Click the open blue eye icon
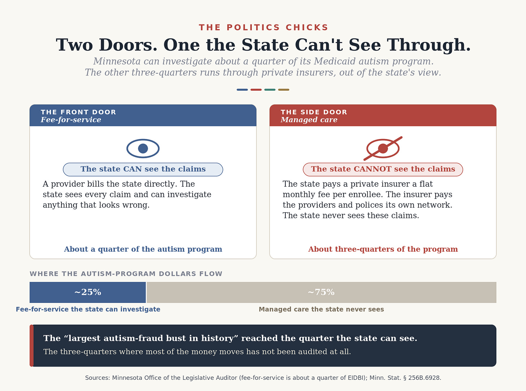[143, 148]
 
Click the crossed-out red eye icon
[383, 148]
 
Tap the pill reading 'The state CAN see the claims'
[143, 169]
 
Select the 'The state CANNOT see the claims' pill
[383, 169]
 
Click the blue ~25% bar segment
[87, 292]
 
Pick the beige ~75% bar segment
[321, 292]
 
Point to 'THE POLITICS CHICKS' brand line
[263, 27]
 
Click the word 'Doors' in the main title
[128, 45]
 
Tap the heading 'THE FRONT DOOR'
[78, 112]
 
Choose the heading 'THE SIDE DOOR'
[314, 112]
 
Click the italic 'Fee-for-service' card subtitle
[71, 120]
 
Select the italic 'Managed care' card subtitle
[309, 120]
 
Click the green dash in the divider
[270, 90]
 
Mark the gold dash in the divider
[284, 90]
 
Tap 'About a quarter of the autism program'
[143, 249]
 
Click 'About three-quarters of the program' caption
[383, 249]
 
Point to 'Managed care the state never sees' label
[321, 309]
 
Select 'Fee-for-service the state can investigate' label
[88, 309]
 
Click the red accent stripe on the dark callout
[31, 346]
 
